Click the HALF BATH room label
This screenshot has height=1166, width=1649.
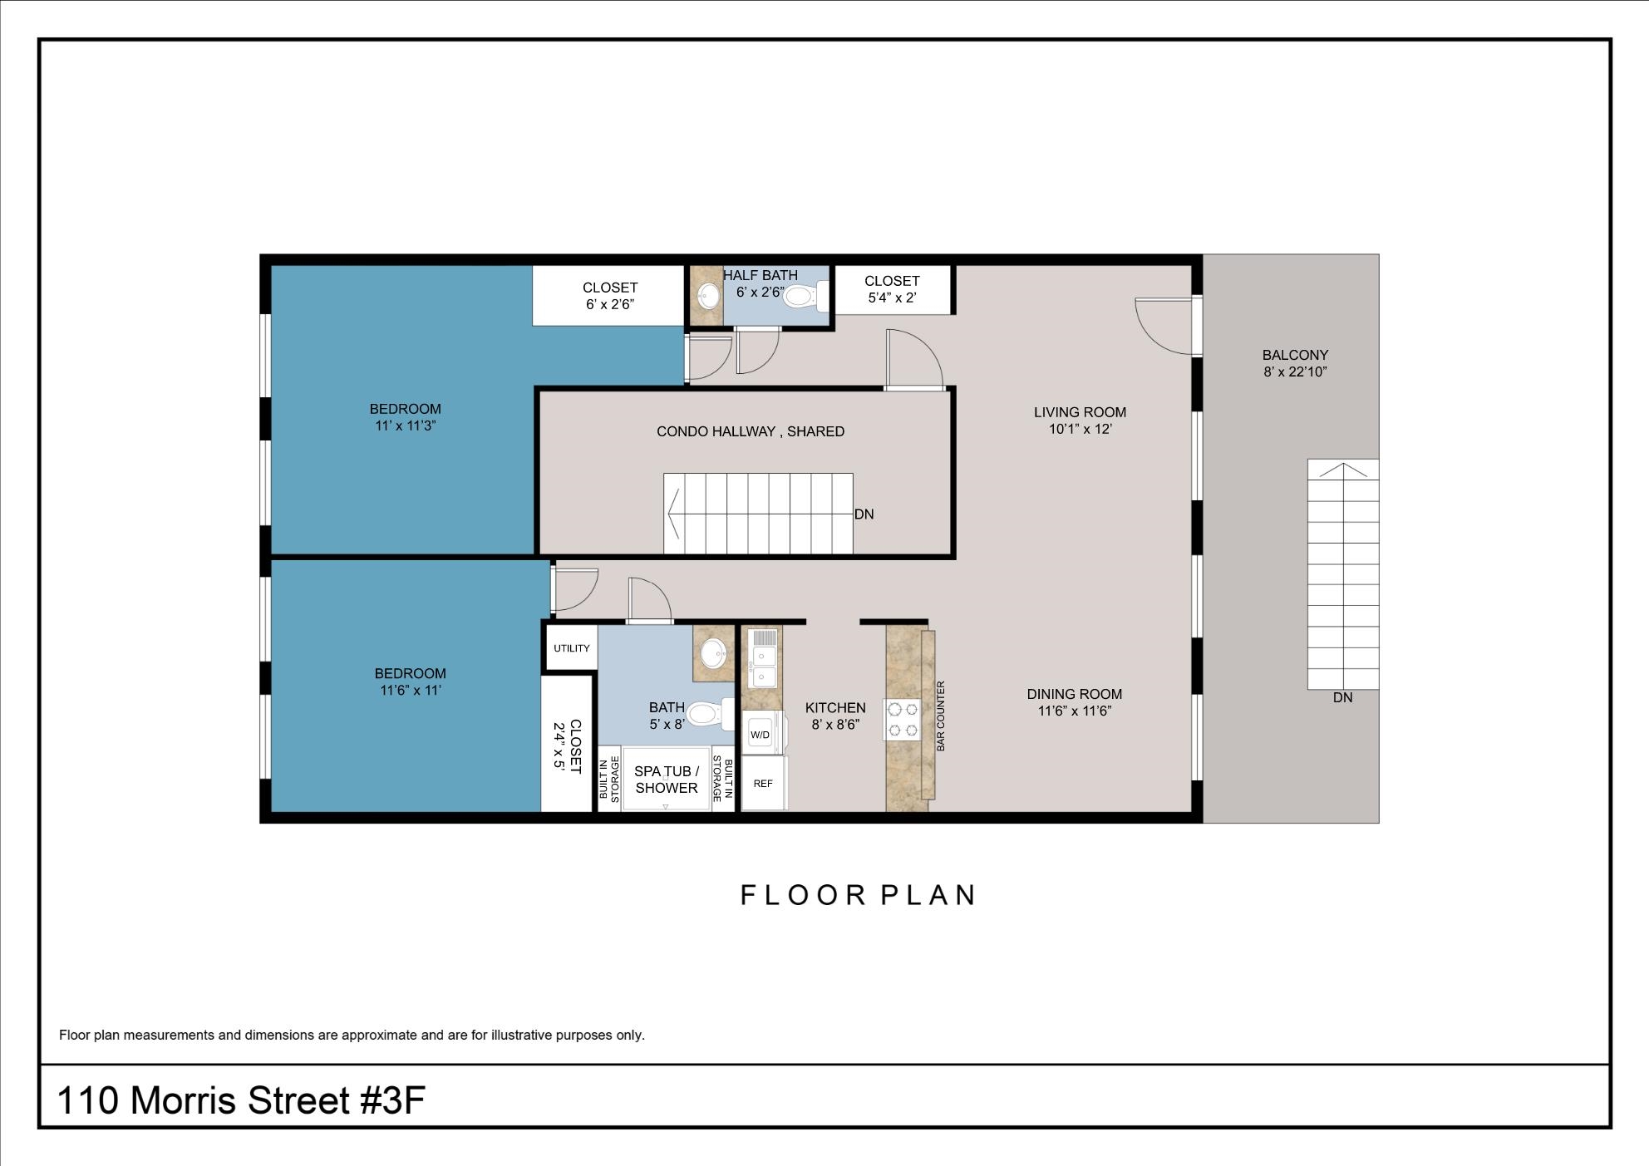point(760,275)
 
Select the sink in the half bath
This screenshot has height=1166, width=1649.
point(709,296)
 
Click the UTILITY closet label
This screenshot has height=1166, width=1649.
point(571,648)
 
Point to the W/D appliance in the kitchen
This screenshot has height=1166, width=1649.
point(761,735)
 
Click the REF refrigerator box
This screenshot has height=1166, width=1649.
point(763,784)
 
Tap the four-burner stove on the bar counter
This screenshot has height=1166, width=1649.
point(902,720)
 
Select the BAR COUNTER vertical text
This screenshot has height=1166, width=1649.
point(941,716)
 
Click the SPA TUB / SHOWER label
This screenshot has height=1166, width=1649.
point(666,780)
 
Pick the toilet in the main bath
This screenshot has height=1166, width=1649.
point(706,713)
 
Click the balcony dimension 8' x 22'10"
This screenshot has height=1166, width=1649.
point(1295,372)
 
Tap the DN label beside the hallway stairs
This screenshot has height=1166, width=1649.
point(864,514)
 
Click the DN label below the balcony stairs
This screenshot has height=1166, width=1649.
point(1342,698)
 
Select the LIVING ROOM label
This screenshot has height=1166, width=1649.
point(1080,412)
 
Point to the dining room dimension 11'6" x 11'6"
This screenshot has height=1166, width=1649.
point(1075,711)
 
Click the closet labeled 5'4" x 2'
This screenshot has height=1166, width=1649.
point(892,289)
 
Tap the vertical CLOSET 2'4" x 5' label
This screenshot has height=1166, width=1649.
point(567,745)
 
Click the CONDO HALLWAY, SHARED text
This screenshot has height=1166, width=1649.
point(750,431)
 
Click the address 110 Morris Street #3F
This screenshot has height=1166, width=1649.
point(241,1100)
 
